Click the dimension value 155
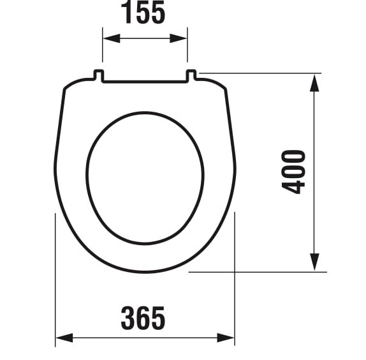143,12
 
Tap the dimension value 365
143,318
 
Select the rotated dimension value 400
293,172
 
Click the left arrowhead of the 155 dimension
112,38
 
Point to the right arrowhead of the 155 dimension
179,38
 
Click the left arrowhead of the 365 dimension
64,338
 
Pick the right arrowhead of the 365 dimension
226,338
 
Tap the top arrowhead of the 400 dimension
314,83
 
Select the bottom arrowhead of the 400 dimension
314,262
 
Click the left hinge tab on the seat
99,75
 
